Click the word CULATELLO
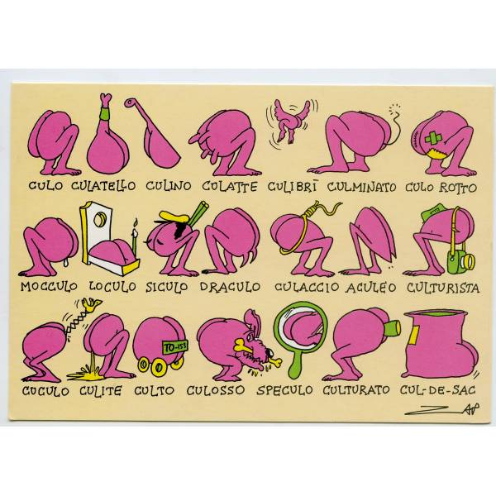pyautogui.click(x=103, y=186)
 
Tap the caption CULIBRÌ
pyautogui.click(x=292, y=186)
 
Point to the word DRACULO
pyautogui.click(x=230, y=287)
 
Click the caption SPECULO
pyautogui.click(x=284, y=390)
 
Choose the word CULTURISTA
pyautogui.click(x=443, y=288)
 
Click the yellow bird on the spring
pyautogui.click(x=91, y=304)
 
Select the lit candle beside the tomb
pyautogui.click(x=135, y=238)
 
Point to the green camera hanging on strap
pyautogui.click(x=460, y=260)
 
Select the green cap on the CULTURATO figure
pyautogui.click(x=392, y=328)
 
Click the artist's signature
pyautogui.click(x=442, y=409)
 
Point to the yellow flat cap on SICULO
pyautogui.click(x=173, y=217)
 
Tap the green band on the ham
pyautogui.click(x=106, y=113)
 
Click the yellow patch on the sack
pyautogui.click(x=413, y=336)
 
